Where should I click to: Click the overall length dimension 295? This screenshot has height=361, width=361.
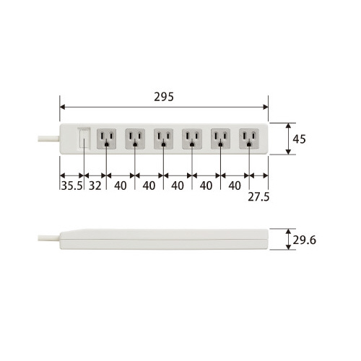(x=164, y=97)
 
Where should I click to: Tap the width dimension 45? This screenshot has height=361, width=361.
(x=299, y=139)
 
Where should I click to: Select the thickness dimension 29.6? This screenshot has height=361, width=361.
(x=304, y=240)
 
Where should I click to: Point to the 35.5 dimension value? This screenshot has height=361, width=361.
(x=71, y=186)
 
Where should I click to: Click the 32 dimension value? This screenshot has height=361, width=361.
(x=95, y=186)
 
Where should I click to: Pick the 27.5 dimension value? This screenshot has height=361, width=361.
(x=258, y=197)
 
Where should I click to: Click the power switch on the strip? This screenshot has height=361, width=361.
(x=84, y=139)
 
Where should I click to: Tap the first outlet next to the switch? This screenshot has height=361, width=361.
(x=106, y=139)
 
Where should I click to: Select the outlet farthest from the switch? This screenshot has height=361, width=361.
(x=249, y=139)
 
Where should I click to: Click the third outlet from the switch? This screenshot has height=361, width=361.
(x=163, y=139)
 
